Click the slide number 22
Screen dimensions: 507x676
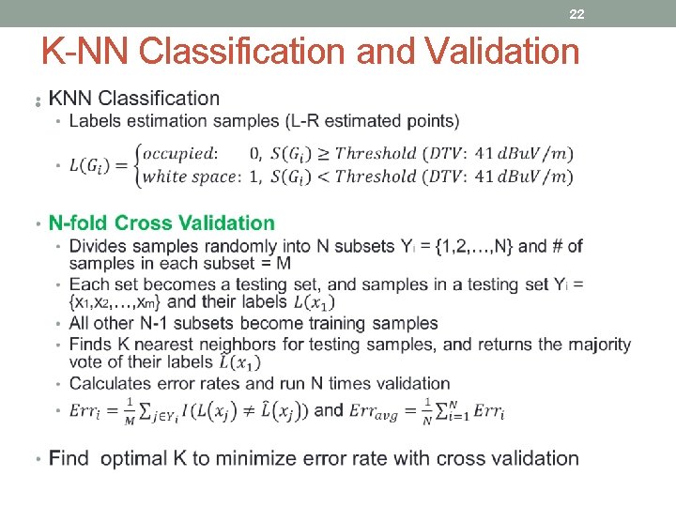[x=576, y=14]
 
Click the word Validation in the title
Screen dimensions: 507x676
[x=502, y=52]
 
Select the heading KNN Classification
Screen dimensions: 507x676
[x=134, y=98]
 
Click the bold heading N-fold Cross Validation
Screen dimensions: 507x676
[x=161, y=223]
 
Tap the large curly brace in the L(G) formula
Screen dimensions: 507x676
[x=141, y=163]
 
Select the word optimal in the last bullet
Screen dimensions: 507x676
[x=144, y=458]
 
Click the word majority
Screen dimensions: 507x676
[x=596, y=345]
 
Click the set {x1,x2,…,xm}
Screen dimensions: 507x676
[x=116, y=301]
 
